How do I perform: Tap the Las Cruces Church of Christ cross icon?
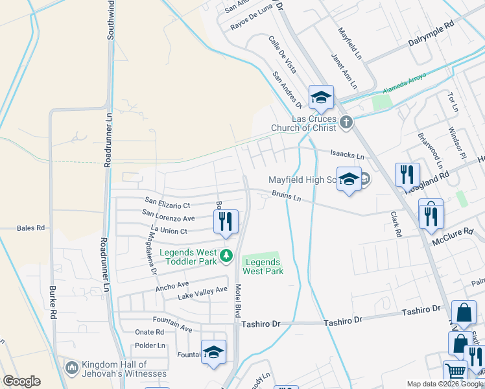[346, 121]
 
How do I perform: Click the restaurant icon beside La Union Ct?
[226, 221]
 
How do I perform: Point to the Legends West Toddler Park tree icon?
[226, 256]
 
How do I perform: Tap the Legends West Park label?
[263, 266]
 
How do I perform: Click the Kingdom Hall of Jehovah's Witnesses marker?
[71, 368]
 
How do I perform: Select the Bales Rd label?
[31, 228]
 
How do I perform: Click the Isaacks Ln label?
[347, 155]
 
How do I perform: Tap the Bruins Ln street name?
[287, 195]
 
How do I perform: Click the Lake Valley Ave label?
[203, 293]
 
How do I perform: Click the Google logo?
[21, 381]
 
